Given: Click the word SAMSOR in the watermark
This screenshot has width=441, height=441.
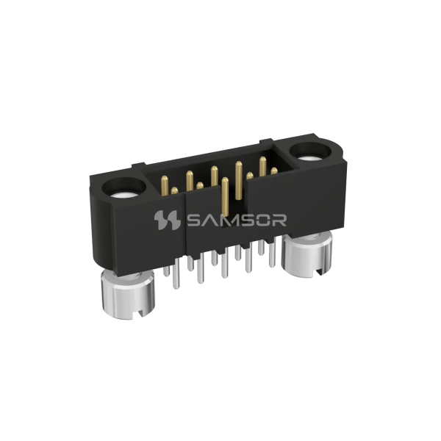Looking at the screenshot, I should pos(236,220).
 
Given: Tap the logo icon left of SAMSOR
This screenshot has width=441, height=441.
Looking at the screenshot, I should pos(167,220).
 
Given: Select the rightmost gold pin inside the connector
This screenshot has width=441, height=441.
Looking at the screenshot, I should pos(273,171).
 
